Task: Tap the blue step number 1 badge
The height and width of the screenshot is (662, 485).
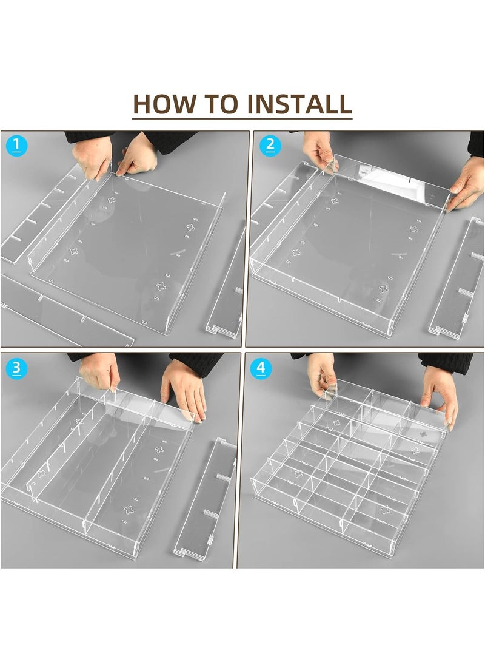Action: coord(16,146)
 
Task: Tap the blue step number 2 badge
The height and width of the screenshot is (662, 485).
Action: coord(270,146)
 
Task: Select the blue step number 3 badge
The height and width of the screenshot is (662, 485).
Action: coord(16,368)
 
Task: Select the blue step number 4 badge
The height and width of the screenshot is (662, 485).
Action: coord(261,368)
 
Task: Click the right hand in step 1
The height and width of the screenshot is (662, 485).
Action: coord(136,155)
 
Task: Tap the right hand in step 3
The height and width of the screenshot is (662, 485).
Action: coord(184,390)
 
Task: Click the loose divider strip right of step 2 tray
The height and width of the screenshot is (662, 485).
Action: coord(457,277)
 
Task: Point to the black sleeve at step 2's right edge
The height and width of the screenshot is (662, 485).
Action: coord(476,144)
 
